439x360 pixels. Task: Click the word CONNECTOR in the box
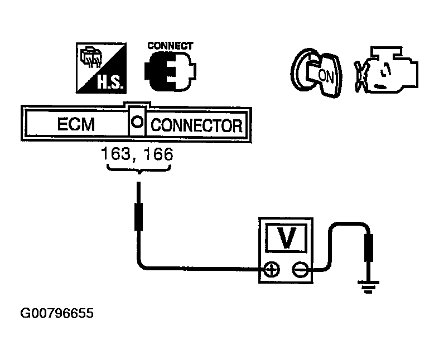(x=197, y=125)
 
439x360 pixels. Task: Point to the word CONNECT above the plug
(x=170, y=46)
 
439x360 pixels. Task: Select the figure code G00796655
(x=57, y=314)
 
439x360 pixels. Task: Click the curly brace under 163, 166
(x=138, y=171)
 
